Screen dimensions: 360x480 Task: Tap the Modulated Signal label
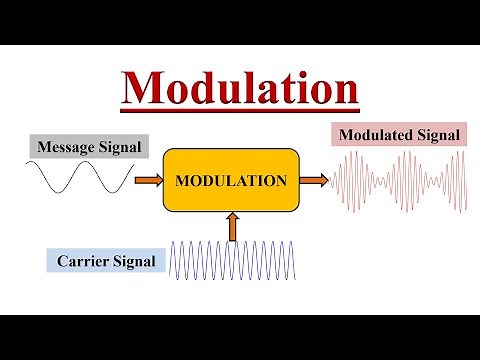[399, 135]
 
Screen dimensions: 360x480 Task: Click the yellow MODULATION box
[231, 181]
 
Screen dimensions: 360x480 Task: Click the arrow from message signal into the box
[148, 180]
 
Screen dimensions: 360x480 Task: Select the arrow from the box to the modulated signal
[314, 180]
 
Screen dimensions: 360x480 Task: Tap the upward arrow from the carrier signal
[233, 227]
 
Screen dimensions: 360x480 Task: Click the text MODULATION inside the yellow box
[231, 181]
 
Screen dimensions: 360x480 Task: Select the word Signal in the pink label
[439, 135]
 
